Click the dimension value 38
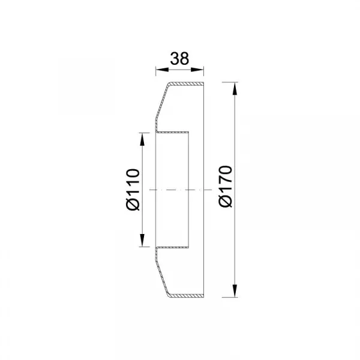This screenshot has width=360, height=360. pos(179,59)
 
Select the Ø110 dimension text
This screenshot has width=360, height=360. pos(133,190)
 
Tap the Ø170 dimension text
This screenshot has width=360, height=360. pos(226,187)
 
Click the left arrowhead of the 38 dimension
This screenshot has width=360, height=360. pos(162,70)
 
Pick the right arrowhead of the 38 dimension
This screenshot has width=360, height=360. pos(197,70)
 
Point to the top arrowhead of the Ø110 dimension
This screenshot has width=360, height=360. pos(142,139)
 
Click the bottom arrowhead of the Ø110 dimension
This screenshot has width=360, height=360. pos(142,240)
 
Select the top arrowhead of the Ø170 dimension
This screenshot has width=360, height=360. pos(235,88)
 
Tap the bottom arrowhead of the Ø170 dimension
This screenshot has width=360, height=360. pos(235,290)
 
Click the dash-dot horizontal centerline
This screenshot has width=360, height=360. pos(181,190)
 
